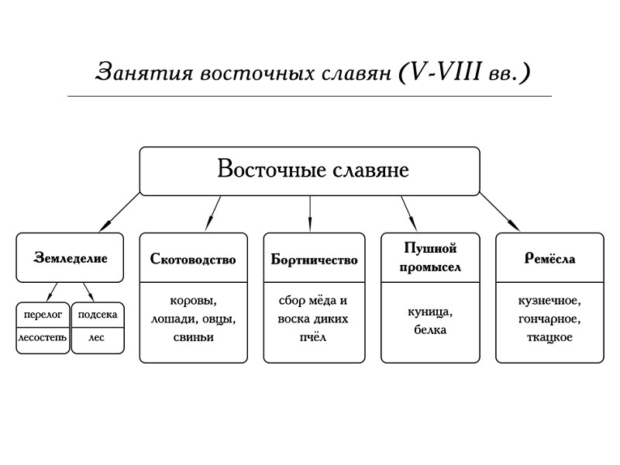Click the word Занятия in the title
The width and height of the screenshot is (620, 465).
tap(144, 72)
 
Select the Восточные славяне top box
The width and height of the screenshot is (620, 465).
tap(310, 171)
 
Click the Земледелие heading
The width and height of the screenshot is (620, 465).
tap(71, 258)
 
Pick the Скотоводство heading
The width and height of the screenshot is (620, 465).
tap(193, 259)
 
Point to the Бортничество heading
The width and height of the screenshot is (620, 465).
tap(314, 260)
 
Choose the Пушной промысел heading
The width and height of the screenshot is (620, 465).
tap(430, 257)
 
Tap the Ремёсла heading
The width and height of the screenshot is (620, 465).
tap(549, 259)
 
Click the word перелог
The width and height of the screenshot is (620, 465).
tap(43, 315)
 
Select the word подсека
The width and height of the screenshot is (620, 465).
tap(98, 315)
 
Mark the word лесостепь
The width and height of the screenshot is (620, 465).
tap(43, 338)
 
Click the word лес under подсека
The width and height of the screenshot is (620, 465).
tap(97, 338)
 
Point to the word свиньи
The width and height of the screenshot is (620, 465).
tap(193, 337)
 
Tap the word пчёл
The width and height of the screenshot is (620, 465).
tap(314, 337)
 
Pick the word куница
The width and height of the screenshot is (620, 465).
tap(430, 312)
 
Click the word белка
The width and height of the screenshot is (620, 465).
tap(430, 329)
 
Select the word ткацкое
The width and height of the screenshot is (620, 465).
tap(549, 337)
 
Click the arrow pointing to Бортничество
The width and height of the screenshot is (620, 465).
tap(310, 214)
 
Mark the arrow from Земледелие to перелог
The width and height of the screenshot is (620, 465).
tap(52, 292)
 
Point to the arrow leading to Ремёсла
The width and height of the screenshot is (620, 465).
tap(500, 212)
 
